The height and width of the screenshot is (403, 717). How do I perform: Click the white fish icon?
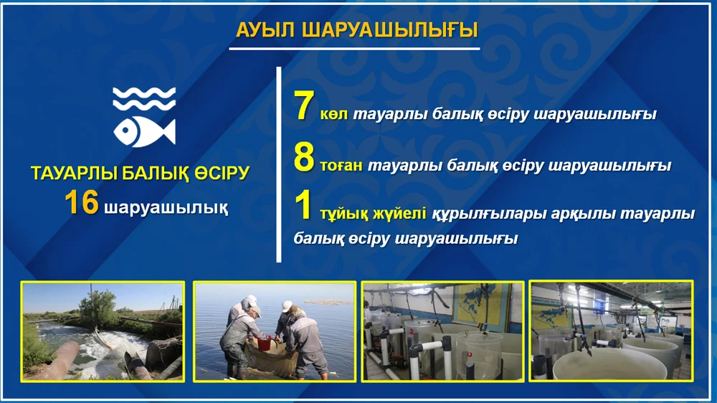coord(145,131)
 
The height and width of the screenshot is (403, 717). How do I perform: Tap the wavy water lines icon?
coord(145,99)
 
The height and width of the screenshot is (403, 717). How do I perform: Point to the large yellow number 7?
coord(303,105)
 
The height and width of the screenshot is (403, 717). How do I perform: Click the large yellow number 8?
coord(304,157)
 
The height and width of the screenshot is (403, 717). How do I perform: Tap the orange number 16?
coord(82,203)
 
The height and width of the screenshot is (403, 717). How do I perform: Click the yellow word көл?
coord(334,114)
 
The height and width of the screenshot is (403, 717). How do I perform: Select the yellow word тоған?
coord(341,166)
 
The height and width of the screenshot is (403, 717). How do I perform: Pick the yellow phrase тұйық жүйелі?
coord(373,214)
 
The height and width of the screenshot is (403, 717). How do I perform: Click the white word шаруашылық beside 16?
coord(166,208)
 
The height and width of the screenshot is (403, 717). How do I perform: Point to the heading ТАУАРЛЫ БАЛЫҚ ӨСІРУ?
coord(141,174)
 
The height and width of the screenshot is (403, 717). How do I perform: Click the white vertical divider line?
coord(279,165)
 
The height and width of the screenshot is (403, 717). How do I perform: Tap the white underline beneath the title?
coord(354,48)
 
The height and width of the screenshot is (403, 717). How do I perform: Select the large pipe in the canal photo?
coord(57,361)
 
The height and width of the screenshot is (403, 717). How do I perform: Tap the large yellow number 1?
coord(303,205)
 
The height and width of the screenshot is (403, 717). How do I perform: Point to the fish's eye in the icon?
coord(125,131)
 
